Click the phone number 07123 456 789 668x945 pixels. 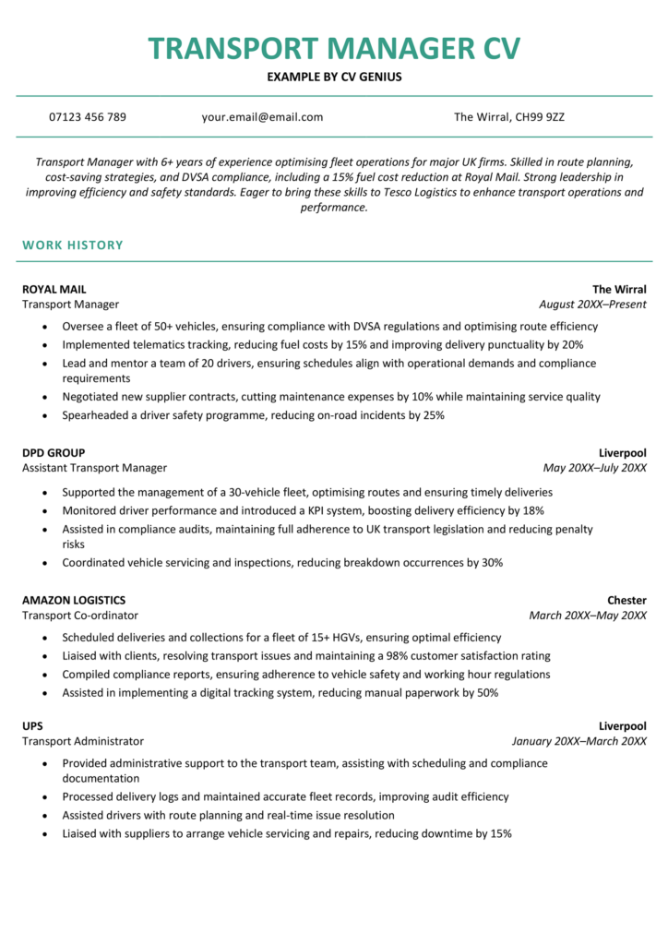click(x=88, y=117)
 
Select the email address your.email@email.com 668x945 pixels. click(x=262, y=117)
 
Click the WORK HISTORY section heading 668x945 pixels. click(x=72, y=245)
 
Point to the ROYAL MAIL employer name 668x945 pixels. click(x=54, y=289)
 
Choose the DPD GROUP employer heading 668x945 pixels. click(x=54, y=453)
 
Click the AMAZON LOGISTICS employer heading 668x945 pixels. click(x=74, y=601)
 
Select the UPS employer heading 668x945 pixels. click(x=32, y=726)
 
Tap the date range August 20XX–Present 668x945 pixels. click(x=592, y=305)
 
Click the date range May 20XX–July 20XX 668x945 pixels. click(x=594, y=469)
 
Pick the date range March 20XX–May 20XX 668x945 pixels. click(x=588, y=616)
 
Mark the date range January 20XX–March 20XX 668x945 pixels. click(x=579, y=741)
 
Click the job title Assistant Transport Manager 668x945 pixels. click(x=94, y=469)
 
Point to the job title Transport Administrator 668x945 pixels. click(x=83, y=741)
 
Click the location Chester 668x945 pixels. click(x=626, y=601)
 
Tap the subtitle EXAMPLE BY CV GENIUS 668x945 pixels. click(x=334, y=78)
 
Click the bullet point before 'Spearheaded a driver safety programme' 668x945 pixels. click(x=43, y=416)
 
